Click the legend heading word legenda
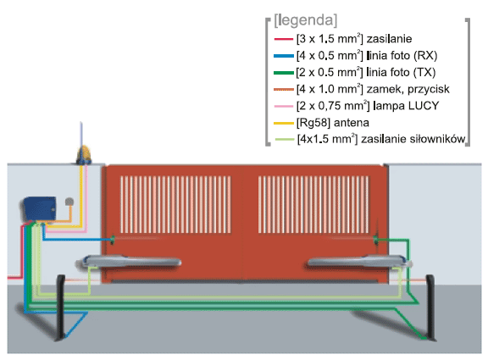click(x=305, y=20)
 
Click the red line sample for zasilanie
click(x=284, y=39)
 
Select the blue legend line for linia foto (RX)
click(x=284, y=56)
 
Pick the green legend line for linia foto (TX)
click(x=284, y=73)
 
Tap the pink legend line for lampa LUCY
click(x=284, y=106)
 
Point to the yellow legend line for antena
click(x=284, y=123)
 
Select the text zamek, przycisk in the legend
click(x=408, y=90)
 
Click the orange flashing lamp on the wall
click(x=84, y=155)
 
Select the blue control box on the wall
click(x=39, y=208)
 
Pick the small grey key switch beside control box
click(x=69, y=202)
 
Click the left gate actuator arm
click(x=128, y=262)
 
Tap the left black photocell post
click(x=60, y=307)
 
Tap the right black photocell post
click(x=430, y=307)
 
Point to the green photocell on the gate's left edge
click(x=113, y=240)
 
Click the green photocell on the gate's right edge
click(x=375, y=239)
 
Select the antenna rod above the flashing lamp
click(x=81, y=134)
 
